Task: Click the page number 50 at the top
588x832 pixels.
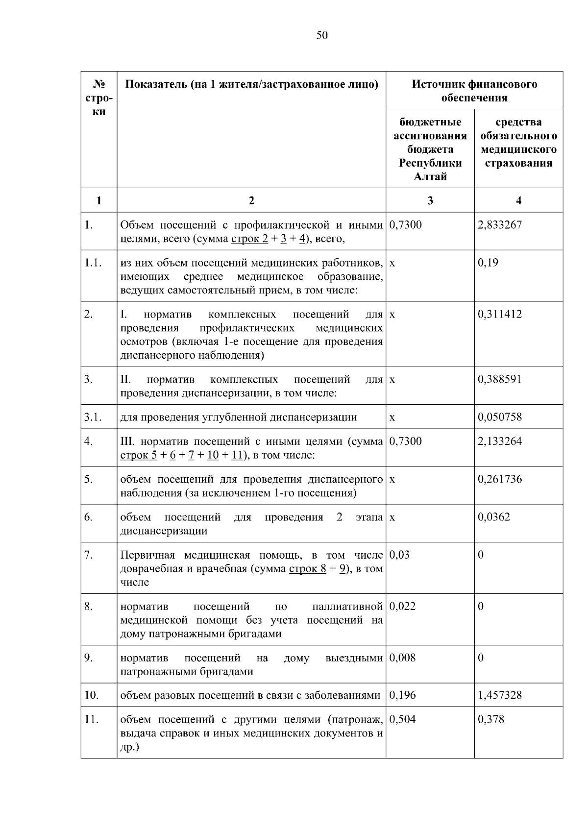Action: tap(322, 35)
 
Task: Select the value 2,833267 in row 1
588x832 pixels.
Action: tap(500, 225)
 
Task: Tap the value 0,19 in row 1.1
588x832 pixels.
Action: tap(488, 263)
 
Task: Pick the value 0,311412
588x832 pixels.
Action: tap(500, 314)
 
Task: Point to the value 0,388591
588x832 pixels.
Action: tap(500, 379)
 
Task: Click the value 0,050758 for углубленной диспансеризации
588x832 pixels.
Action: tap(500, 417)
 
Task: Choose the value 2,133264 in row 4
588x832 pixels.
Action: tap(500, 441)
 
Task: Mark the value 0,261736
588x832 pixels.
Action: tap(500, 479)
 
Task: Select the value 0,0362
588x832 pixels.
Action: tap(494, 517)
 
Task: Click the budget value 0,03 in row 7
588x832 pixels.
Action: tap(399, 555)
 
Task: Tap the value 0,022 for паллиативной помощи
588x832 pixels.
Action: tap(402, 606)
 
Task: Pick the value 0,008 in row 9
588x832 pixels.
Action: tap(402, 658)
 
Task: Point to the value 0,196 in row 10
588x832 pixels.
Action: tap(402, 695)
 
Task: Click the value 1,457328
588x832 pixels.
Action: tap(500, 695)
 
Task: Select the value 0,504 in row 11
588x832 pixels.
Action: tap(402, 719)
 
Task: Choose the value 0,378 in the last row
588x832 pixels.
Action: tap(491, 719)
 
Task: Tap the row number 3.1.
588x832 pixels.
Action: tap(92, 417)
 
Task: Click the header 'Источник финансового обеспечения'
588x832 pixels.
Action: tap(474, 91)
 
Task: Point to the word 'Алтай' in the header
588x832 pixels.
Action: tap(430, 176)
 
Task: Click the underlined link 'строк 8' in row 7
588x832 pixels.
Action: tap(307, 569)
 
